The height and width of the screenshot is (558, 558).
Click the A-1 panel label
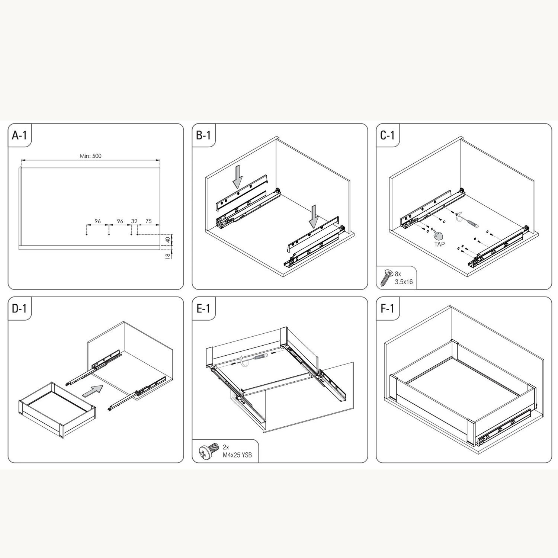(19, 135)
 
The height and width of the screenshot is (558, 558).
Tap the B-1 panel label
(203, 135)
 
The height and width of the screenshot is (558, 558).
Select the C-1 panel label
(388, 135)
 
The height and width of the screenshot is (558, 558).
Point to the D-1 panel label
(19, 308)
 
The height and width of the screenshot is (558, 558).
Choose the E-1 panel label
(203, 308)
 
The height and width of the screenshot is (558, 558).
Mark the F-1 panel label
(388, 308)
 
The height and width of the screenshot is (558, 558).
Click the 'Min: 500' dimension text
(90, 156)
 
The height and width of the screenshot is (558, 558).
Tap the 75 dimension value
(148, 221)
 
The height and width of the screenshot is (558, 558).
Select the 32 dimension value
(134, 221)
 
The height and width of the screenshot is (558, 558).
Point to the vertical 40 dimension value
(168, 240)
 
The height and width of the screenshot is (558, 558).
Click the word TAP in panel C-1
(439, 244)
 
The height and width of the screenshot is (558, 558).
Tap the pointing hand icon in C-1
(438, 235)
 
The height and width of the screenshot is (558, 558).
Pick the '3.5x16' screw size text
(404, 282)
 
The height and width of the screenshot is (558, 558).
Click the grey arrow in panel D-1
(92, 392)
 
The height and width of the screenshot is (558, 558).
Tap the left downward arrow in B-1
(237, 177)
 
